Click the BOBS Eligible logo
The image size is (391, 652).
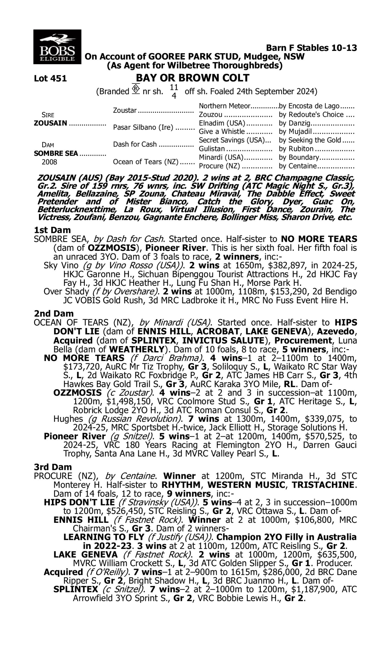pyautogui.click(x=57, y=47)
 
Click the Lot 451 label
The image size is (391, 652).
pyautogui.click(x=50, y=79)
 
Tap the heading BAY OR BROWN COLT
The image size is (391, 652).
pyautogui.click(x=192, y=78)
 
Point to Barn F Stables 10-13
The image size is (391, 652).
pyautogui.click(x=311, y=48)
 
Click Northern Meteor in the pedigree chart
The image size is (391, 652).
pyautogui.click(x=224, y=106)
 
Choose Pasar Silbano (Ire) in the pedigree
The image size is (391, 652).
pyautogui.click(x=143, y=127)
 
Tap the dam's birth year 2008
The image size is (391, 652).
pyautogui.click(x=49, y=162)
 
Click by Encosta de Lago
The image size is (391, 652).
pyautogui.click(x=309, y=106)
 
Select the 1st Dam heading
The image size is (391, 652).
pyautogui.click(x=52, y=230)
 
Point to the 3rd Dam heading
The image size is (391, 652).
pyautogui.click(x=53, y=467)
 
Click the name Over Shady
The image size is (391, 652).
pyautogui.click(x=66, y=292)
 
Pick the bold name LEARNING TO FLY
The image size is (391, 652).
pyautogui.click(x=104, y=537)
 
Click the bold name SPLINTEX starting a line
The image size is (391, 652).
pyautogui.click(x=76, y=589)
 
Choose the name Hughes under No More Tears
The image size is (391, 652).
pyautogui.click(x=68, y=419)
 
